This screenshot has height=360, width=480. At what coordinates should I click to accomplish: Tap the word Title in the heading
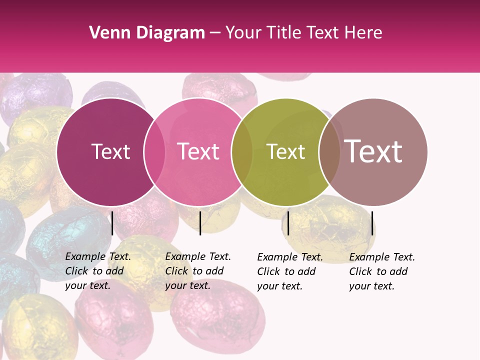coord(284,33)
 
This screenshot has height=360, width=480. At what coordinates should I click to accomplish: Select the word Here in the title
coord(364,33)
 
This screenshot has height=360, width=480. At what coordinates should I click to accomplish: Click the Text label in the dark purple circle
coord(110,151)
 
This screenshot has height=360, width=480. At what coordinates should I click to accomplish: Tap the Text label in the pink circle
coord(198,151)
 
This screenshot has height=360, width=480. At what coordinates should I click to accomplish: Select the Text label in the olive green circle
coord(285,151)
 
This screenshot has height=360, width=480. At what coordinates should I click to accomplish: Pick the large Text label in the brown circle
coord(373,151)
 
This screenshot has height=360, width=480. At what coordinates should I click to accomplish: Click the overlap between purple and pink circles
coord(154,151)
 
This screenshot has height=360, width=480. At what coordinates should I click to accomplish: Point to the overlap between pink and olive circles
coord(242,151)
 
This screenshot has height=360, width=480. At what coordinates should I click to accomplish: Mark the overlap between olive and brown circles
coord(329,151)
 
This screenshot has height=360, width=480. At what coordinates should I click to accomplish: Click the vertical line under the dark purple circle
coord(112,223)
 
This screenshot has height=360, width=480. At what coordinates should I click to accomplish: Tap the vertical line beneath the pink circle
coord(200,223)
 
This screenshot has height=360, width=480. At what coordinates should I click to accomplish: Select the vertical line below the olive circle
coord(288,223)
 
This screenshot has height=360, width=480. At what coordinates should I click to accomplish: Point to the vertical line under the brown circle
coord(372,223)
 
